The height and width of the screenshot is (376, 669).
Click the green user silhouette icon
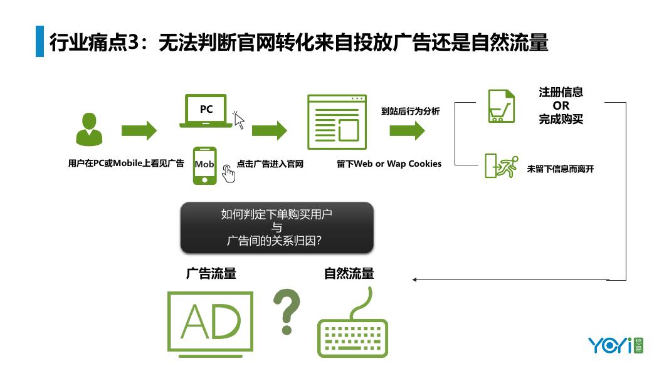click(88, 129)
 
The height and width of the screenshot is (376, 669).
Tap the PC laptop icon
click(206, 111)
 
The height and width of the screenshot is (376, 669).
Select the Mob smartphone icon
click(204, 165)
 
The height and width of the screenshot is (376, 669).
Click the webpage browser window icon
click(337, 122)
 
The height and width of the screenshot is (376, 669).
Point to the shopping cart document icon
click(501, 106)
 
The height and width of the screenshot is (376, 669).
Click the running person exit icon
click(501, 166)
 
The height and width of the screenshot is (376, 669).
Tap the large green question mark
click(287, 311)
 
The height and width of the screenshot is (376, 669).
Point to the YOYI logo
click(615, 345)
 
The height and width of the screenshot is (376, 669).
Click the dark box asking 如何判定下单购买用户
click(277, 227)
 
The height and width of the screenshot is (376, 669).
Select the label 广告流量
click(211, 274)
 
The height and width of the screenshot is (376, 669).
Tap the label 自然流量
click(349, 274)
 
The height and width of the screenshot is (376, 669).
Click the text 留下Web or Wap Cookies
click(389, 164)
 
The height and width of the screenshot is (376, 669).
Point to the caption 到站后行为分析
click(410, 112)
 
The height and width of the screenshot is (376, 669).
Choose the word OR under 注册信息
click(561, 106)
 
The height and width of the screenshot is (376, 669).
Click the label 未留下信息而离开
click(560, 169)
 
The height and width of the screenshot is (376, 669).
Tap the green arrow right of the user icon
click(139, 131)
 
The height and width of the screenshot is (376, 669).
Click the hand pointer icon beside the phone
click(228, 174)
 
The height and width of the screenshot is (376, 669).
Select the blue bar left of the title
click(40, 41)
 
